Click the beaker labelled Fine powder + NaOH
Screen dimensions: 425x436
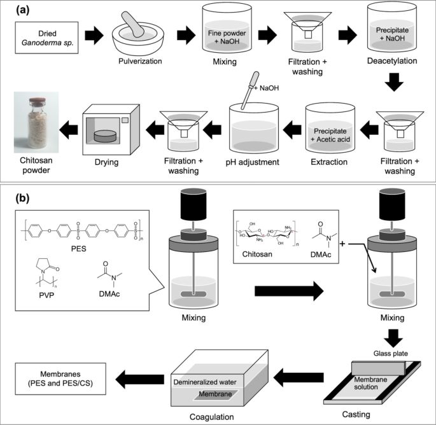[225, 34]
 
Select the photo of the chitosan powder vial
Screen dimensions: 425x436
[36, 124]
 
